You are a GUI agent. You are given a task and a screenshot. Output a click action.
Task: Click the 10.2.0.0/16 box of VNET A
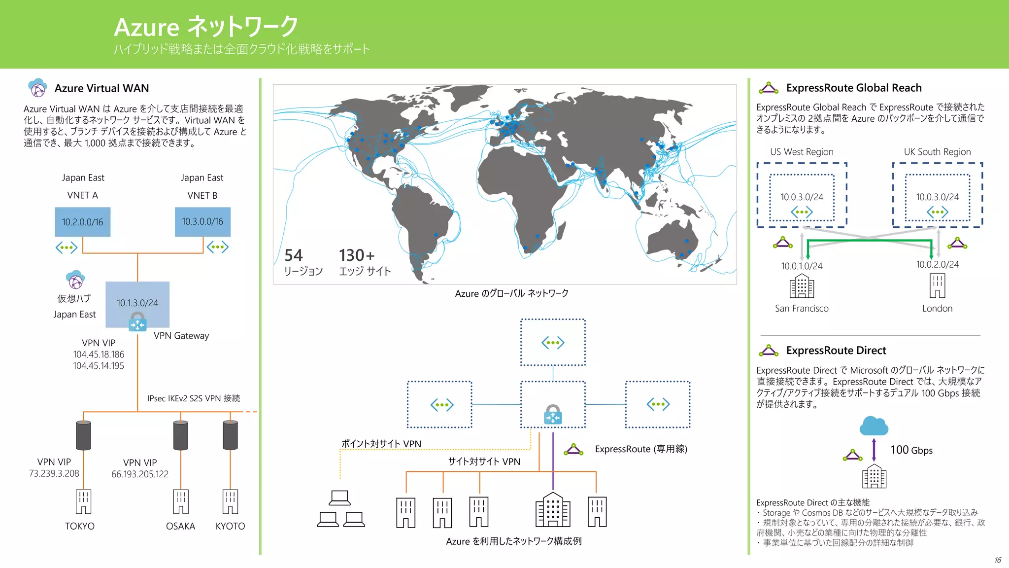click(82, 222)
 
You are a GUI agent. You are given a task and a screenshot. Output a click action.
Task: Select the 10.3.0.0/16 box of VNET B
click(202, 222)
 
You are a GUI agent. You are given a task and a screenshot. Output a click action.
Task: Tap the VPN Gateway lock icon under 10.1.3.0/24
click(137, 322)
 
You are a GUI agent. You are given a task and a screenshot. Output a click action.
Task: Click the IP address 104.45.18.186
click(99, 355)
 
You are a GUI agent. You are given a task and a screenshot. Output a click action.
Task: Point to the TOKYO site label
click(80, 526)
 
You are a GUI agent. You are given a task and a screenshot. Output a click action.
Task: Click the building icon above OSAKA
click(181, 501)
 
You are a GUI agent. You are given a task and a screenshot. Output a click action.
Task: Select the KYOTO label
click(230, 526)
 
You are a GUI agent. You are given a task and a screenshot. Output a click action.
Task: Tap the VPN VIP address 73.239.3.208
click(54, 474)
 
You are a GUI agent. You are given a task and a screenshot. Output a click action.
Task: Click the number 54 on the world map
click(294, 255)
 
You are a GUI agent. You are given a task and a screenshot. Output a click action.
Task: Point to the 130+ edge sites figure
click(357, 255)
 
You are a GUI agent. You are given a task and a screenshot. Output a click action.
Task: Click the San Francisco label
click(802, 309)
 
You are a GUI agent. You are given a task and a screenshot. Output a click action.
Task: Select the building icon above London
click(937, 286)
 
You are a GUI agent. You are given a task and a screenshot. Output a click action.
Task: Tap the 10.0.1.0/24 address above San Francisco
click(802, 266)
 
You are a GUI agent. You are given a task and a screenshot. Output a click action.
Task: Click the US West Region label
click(802, 152)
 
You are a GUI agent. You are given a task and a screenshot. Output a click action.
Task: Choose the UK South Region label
click(937, 152)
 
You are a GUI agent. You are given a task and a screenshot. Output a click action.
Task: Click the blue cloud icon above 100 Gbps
click(874, 426)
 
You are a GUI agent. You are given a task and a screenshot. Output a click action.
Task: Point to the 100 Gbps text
click(911, 450)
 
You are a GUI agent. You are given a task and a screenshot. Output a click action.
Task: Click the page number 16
click(998, 560)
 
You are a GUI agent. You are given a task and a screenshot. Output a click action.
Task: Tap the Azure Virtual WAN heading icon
click(37, 88)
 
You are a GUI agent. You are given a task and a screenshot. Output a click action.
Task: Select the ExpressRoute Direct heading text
click(836, 351)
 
